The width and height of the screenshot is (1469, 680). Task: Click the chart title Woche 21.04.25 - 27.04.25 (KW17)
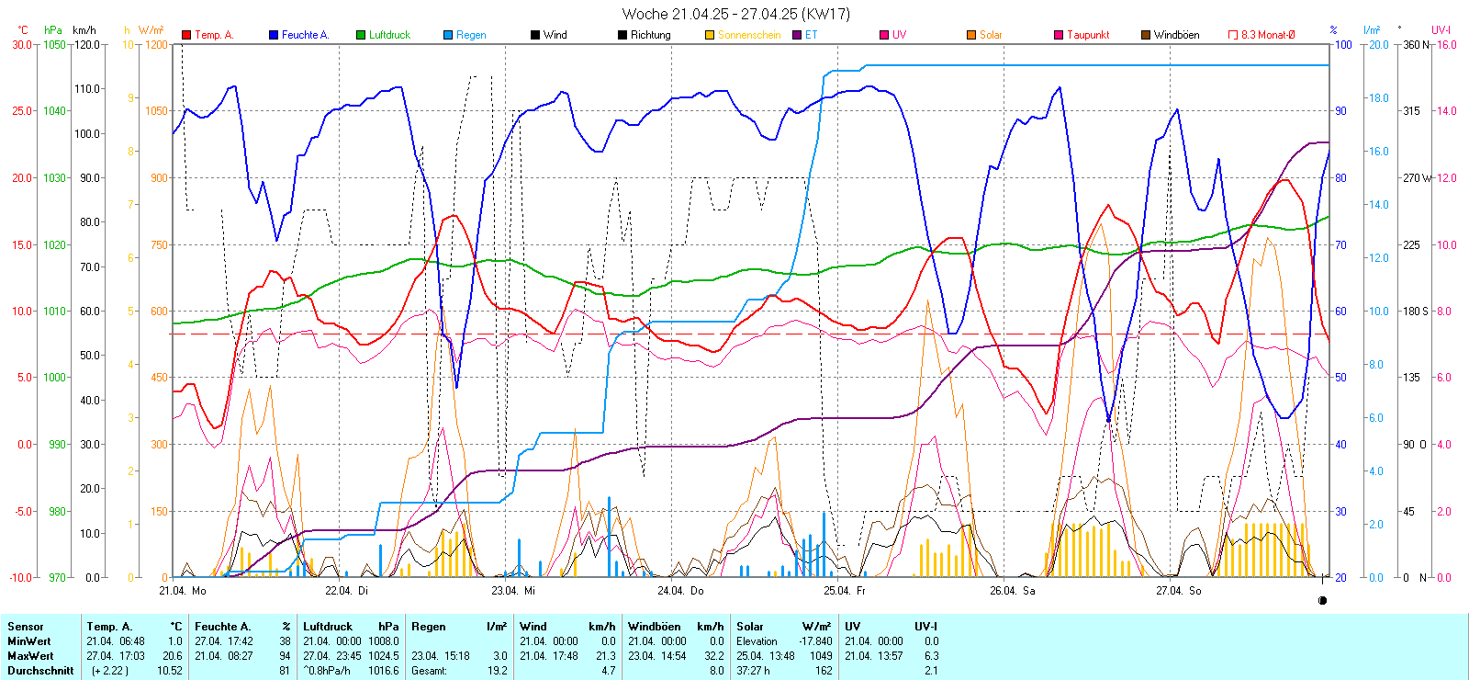pyautogui.click(x=735, y=14)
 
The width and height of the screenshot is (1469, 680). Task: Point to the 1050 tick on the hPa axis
pyautogui.click(x=55, y=44)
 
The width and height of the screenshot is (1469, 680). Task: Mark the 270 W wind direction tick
pyautogui.click(x=1417, y=177)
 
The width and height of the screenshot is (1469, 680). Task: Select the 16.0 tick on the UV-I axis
pyautogui.click(x=1446, y=44)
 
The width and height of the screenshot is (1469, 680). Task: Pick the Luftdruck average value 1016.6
pyautogui.click(x=387, y=671)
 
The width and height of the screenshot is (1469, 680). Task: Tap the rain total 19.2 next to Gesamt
pyautogui.click(x=497, y=671)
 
